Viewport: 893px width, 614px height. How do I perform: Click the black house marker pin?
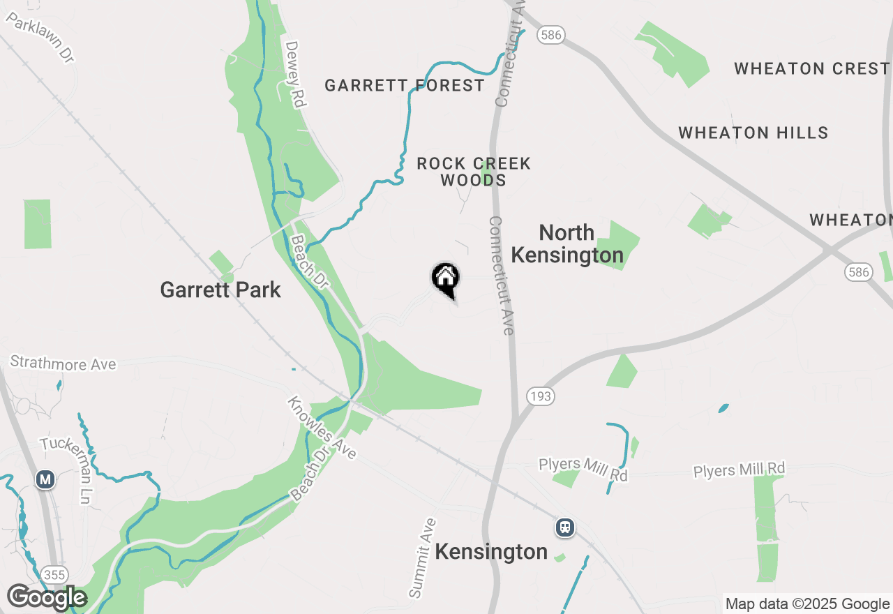(x=445, y=280)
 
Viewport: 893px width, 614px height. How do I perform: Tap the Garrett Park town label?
(x=220, y=290)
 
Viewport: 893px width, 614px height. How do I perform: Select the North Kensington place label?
(x=567, y=244)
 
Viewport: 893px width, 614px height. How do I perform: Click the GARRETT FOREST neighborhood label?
(x=405, y=86)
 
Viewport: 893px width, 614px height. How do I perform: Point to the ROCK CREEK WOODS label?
(x=474, y=172)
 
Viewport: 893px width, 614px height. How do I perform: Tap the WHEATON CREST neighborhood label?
(x=811, y=68)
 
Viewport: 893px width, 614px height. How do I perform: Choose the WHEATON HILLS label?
(x=753, y=133)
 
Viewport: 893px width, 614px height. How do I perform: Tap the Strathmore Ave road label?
(x=63, y=364)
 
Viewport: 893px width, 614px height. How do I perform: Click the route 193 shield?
(x=540, y=397)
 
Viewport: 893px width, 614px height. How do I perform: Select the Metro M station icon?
(x=45, y=479)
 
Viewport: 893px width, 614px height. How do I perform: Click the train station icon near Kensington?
(x=565, y=527)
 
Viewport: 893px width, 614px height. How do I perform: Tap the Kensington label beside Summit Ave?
(x=491, y=552)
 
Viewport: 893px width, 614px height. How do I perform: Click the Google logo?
(x=46, y=597)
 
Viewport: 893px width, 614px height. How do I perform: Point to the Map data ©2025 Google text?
(x=807, y=604)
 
